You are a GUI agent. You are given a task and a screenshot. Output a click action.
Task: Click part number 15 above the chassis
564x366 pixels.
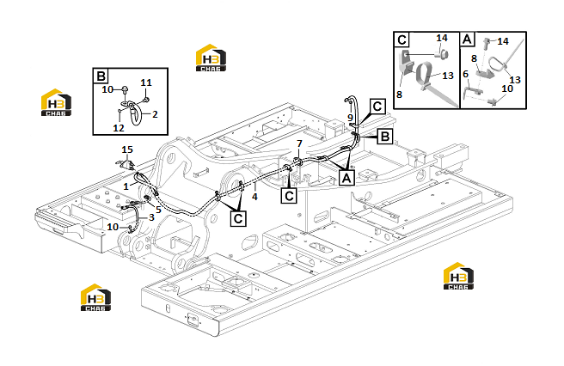pyautogui.click(x=127, y=149)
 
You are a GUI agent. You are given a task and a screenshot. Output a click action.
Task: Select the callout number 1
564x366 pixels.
pyautogui.click(x=126, y=186)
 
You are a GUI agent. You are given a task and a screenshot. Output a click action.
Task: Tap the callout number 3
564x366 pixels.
pyautogui.click(x=151, y=217)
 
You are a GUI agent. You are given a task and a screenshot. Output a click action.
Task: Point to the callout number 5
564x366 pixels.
pyautogui.click(x=158, y=210)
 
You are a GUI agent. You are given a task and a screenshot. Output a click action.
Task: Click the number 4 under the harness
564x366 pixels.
pyautogui.click(x=254, y=197)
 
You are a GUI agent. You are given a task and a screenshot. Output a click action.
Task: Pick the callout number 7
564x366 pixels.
pyautogui.click(x=299, y=143)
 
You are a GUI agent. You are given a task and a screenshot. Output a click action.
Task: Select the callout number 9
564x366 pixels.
pyautogui.click(x=350, y=118)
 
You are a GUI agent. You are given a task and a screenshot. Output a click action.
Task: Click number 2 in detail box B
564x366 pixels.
pyautogui.click(x=155, y=114)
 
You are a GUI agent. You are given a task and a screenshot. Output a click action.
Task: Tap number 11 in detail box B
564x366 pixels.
pyautogui.click(x=146, y=82)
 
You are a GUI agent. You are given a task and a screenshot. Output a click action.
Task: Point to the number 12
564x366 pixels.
pyautogui.click(x=119, y=128)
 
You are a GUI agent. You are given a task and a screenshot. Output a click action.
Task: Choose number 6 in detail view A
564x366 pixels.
pyautogui.click(x=465, y=74)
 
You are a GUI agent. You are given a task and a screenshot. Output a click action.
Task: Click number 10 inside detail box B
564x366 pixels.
pyautogui.click(x=107, y=89)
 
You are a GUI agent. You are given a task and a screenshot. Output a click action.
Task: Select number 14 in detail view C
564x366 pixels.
pyautogui.click(x=442, y=38)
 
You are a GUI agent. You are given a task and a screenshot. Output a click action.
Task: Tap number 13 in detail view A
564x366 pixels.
pyautogui.click(x=515, y=80)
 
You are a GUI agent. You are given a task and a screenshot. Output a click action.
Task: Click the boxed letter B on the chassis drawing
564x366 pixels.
pyautogui.click(x=385, y=137)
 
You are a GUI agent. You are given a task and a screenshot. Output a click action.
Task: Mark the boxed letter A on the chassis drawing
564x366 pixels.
pyautogui.click(x=346, y=178)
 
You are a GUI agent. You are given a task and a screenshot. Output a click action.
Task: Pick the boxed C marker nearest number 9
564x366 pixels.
pyautogui.click(x=377, y=107)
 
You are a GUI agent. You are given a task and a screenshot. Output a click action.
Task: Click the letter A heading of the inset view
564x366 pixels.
pyautogui.click(x=467, y=40)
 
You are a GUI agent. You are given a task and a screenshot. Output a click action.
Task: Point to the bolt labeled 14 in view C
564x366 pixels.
pyautogui.click(x=442, y=55)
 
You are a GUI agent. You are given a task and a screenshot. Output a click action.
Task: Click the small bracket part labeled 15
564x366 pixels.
pyautogui.click(x=126, y=164)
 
